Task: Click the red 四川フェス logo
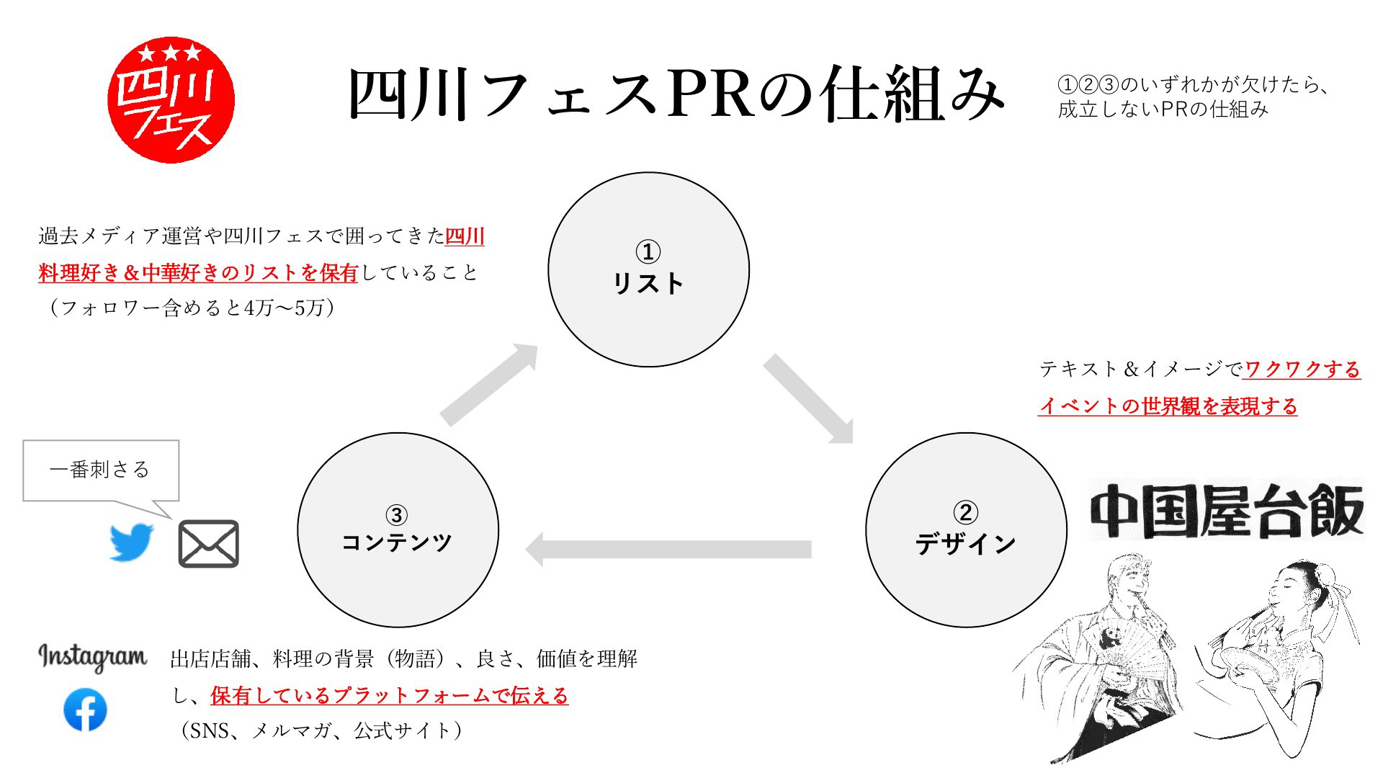tap(171, 99)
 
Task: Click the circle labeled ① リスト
tap(648, 269)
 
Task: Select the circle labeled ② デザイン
tap(965, 529)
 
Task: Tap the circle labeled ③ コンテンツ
tap(398, 529)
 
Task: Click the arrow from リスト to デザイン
tap(809, 398)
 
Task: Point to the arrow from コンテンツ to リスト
tap(489, 385)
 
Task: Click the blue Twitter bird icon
tap(132, 542)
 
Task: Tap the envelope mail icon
tap(208, 544)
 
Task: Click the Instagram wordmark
tap(92, 656)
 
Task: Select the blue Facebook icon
tap(85, 710)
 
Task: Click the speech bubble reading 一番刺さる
tap(101, 470)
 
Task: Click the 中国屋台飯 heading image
tap(1227, 510)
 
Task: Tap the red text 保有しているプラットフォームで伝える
tap(390, 696)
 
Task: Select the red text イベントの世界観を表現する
tap(1168, 406)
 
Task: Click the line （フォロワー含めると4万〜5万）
tap(189, 308)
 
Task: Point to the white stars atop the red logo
tap(170, 53)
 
